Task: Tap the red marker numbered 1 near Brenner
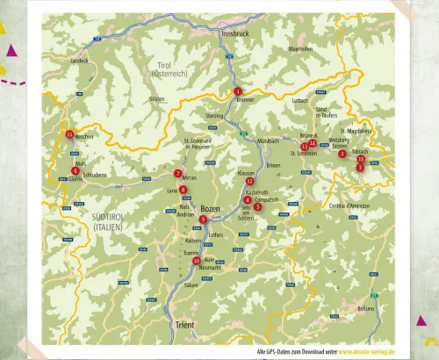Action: coord(237,91)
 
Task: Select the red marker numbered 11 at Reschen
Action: coord(69,134)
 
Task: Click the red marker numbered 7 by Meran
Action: coord(178,174)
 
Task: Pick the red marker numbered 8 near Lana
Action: coord(183,190)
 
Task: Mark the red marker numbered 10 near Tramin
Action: coord(197,260)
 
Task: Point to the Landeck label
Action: coord(80,61)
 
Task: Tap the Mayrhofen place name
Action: coord(300,49)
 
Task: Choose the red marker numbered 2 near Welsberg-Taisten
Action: coord(342,155)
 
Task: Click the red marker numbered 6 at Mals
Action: coord(76,170)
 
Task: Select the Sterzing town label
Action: coord(215,115)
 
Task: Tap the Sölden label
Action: coord(157,98)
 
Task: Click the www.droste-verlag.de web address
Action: coord(367,350)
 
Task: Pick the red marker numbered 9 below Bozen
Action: coord(204,220)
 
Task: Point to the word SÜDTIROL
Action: coord(111,215)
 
